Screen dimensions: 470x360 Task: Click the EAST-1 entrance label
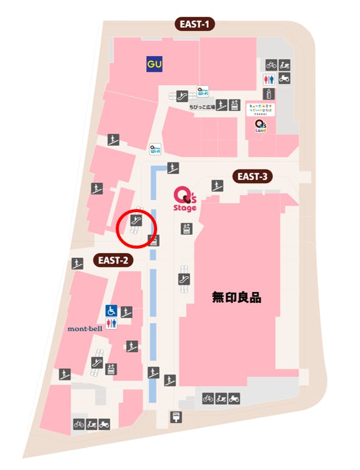(194, 24)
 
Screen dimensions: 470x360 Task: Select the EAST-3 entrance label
(252, 177)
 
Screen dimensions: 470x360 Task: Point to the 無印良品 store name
(236, 298)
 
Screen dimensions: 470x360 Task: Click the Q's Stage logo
(185, 199)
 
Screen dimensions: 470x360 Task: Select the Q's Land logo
(260, 126)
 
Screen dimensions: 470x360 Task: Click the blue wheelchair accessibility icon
(111, 311)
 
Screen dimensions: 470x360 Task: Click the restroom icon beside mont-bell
(111, 324)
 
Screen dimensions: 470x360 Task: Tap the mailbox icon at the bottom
(176, 417)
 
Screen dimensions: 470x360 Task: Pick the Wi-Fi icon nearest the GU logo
(203, 92)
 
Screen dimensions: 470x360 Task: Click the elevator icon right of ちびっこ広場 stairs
(235, 105)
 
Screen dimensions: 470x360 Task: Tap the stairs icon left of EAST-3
(216, 185)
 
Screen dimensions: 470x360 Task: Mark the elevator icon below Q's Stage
(186, 229)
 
